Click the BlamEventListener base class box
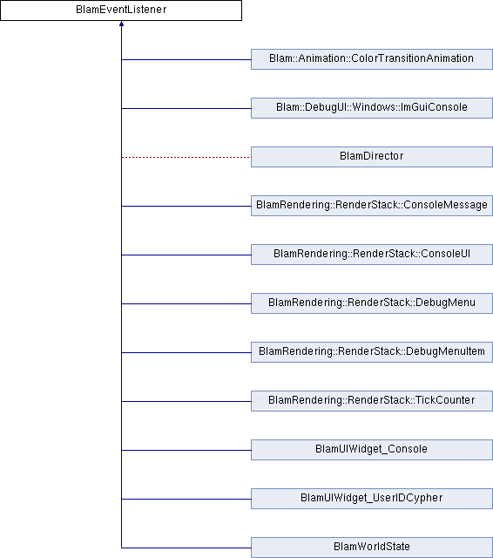(121, 10)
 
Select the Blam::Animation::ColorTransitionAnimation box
(372, 59)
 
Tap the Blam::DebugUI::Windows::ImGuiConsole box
(372, 108)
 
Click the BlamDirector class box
(372, 157)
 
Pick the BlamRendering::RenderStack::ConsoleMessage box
(372, 206)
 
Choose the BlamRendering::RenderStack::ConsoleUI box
(372, 254)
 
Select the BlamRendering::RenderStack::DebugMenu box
(372, 303)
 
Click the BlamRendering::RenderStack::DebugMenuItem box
(372, 352)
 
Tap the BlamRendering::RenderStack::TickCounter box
(372, 401)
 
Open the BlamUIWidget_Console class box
(372, 450)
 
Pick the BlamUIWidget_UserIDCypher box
(372, 498)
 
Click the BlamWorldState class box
(372, 548)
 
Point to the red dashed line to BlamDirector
(186, 157)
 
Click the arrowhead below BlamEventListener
(122, 24)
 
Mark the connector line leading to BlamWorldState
(186, 548)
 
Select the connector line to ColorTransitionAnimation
(186, 59)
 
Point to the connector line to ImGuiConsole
(186, 108)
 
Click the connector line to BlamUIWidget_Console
(186, 450)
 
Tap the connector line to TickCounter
(186, 401)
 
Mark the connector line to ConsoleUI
(186, 255)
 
